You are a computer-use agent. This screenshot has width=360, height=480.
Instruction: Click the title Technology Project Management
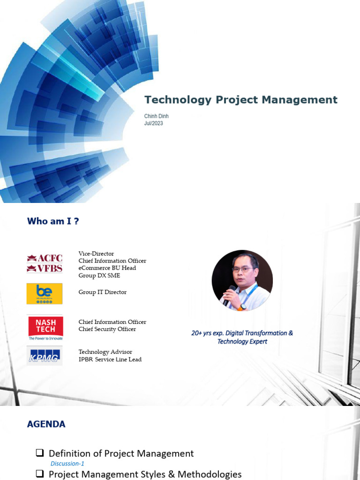click(x=240, y=100)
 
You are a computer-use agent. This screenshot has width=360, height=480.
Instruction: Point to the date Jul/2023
click(x=154, y=123)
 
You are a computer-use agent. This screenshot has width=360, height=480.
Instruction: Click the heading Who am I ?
click(x=53, y=221)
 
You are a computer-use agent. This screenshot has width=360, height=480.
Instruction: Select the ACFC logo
click(x=45, y=258)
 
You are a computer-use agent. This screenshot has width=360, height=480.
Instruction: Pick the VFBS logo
click(x=45, y=269)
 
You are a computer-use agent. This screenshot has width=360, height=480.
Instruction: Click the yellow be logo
click(x=45, y=293)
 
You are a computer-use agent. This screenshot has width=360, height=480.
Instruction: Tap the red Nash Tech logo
click(x=45, y=325)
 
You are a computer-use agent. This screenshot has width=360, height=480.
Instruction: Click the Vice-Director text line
click(x=96, y=254)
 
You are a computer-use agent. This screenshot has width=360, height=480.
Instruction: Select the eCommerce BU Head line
click(x=107, y=268)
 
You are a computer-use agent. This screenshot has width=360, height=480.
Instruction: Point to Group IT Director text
click(x=103, y=292)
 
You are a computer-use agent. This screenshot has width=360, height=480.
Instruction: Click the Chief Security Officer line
click(x=107, y=329)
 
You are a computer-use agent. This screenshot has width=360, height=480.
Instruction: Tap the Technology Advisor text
click(x=105, y=352)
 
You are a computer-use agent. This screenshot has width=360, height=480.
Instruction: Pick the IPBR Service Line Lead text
click(x=110, y=360)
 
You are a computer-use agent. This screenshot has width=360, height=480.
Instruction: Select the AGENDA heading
click(x=46, y=425)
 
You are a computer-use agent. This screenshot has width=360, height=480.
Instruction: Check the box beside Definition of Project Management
click(x=40, y=453)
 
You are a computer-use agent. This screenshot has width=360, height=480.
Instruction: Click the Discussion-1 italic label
click(x=67, y=464)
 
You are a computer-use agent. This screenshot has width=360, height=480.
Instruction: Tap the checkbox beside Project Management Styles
click(x=40, y=474)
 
